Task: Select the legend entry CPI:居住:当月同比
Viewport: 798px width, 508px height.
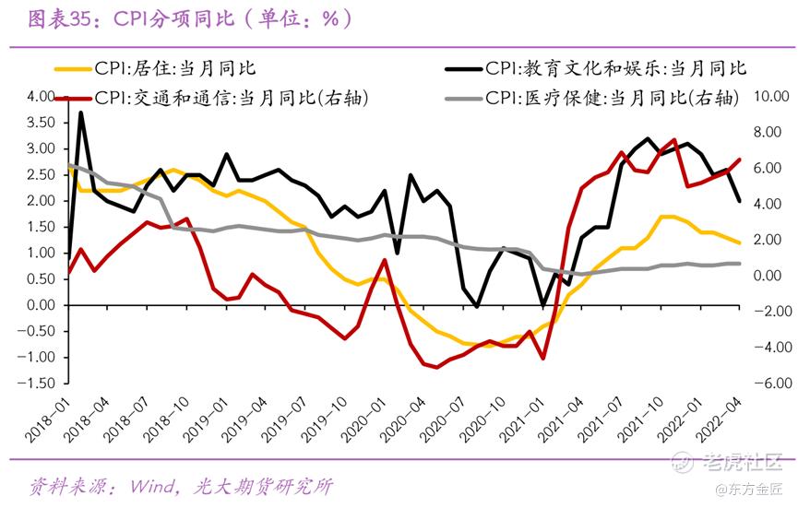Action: tap(174, 69)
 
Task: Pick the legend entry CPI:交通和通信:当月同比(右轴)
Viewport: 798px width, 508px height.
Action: tap(231, 98)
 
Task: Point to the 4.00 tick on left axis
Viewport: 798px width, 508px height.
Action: tap(42, 97)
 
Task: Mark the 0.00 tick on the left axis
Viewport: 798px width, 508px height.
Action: tap(42, 305)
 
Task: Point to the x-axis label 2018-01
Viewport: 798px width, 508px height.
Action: tap(52, 414)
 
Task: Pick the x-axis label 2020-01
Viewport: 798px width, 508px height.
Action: tap(364, 414)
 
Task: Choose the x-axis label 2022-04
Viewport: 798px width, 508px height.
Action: tap(720, 414)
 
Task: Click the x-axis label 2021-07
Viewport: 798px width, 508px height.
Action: tap(601, 414)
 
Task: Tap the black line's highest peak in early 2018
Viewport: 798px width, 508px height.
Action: tap(82, 112)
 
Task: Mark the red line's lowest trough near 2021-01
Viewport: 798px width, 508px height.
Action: tap(543, 358)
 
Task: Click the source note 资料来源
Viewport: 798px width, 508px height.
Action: tap(65, 486)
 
